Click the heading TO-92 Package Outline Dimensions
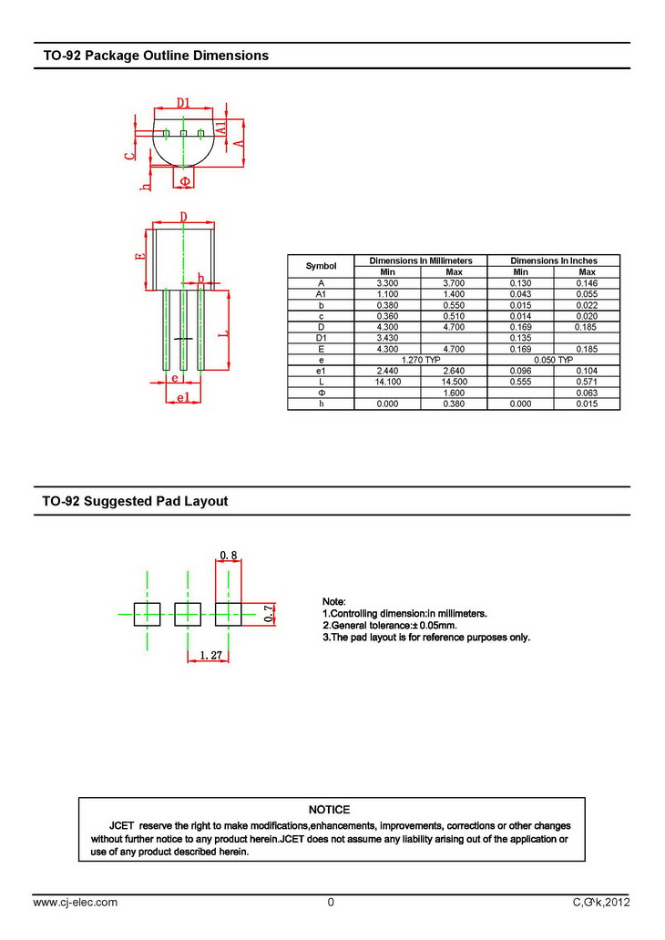(x=156, y=56)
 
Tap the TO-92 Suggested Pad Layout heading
(x=136, y=501)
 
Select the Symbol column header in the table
(x=321, y=266)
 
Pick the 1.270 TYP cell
(x=420, y=360)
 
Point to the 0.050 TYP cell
(x=553, y=360)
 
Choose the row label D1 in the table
(x=321, y=338)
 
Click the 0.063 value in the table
(x=587, y=393)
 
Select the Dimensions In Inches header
(x=553, y=261)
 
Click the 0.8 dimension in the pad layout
(x=229, y=555)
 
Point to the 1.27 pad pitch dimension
(x=212, y=655)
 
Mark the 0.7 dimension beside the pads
(x=268, y=614)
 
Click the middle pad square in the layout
(x=188, y=614)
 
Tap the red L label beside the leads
(x=221, y=334)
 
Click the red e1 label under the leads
(x=182, y=398)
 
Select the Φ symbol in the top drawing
(x=185, y=181)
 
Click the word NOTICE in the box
(x=329, y=809)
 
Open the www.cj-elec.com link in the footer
(x=76, y=903)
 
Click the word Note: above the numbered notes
(x=334, y=602)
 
